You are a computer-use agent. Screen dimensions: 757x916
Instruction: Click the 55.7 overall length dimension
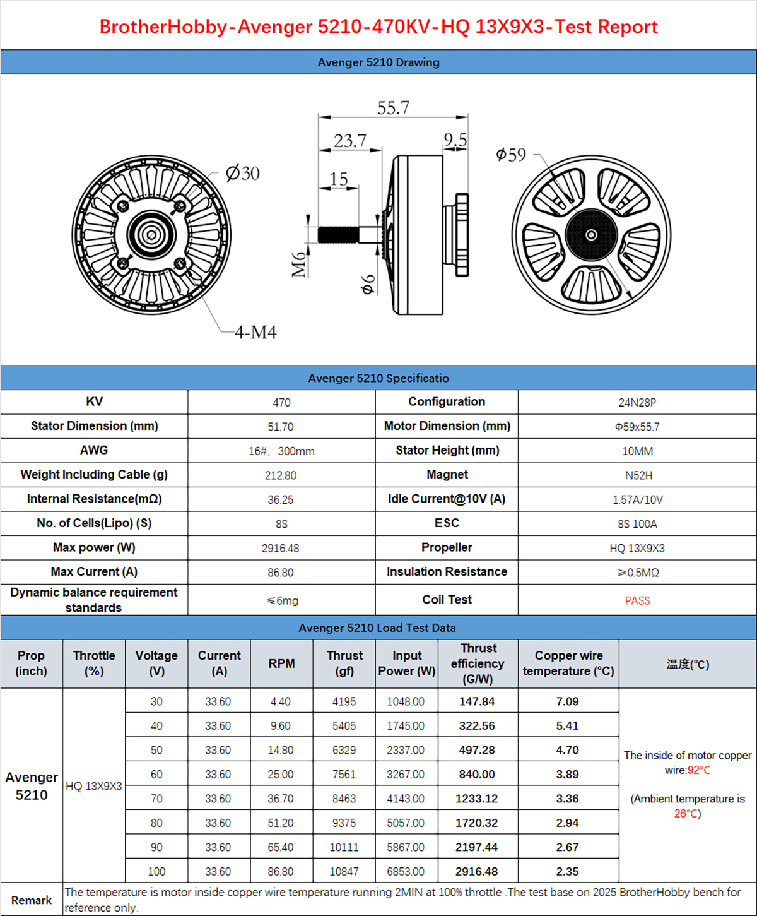coord(393,108)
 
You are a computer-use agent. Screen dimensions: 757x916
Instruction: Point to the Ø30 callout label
coord(242,173)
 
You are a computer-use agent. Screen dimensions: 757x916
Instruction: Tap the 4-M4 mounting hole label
coord(255,332)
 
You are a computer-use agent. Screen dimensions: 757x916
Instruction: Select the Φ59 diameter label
coord(510,154)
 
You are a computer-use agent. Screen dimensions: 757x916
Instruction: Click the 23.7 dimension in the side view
coord(349,141)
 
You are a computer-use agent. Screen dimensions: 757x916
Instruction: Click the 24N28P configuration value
coord(637,403)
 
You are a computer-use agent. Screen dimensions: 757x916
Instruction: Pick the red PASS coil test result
coord(637,600)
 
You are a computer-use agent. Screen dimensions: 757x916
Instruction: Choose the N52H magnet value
coord(638,475)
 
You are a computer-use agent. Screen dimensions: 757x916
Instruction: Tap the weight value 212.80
coord(281,475)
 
